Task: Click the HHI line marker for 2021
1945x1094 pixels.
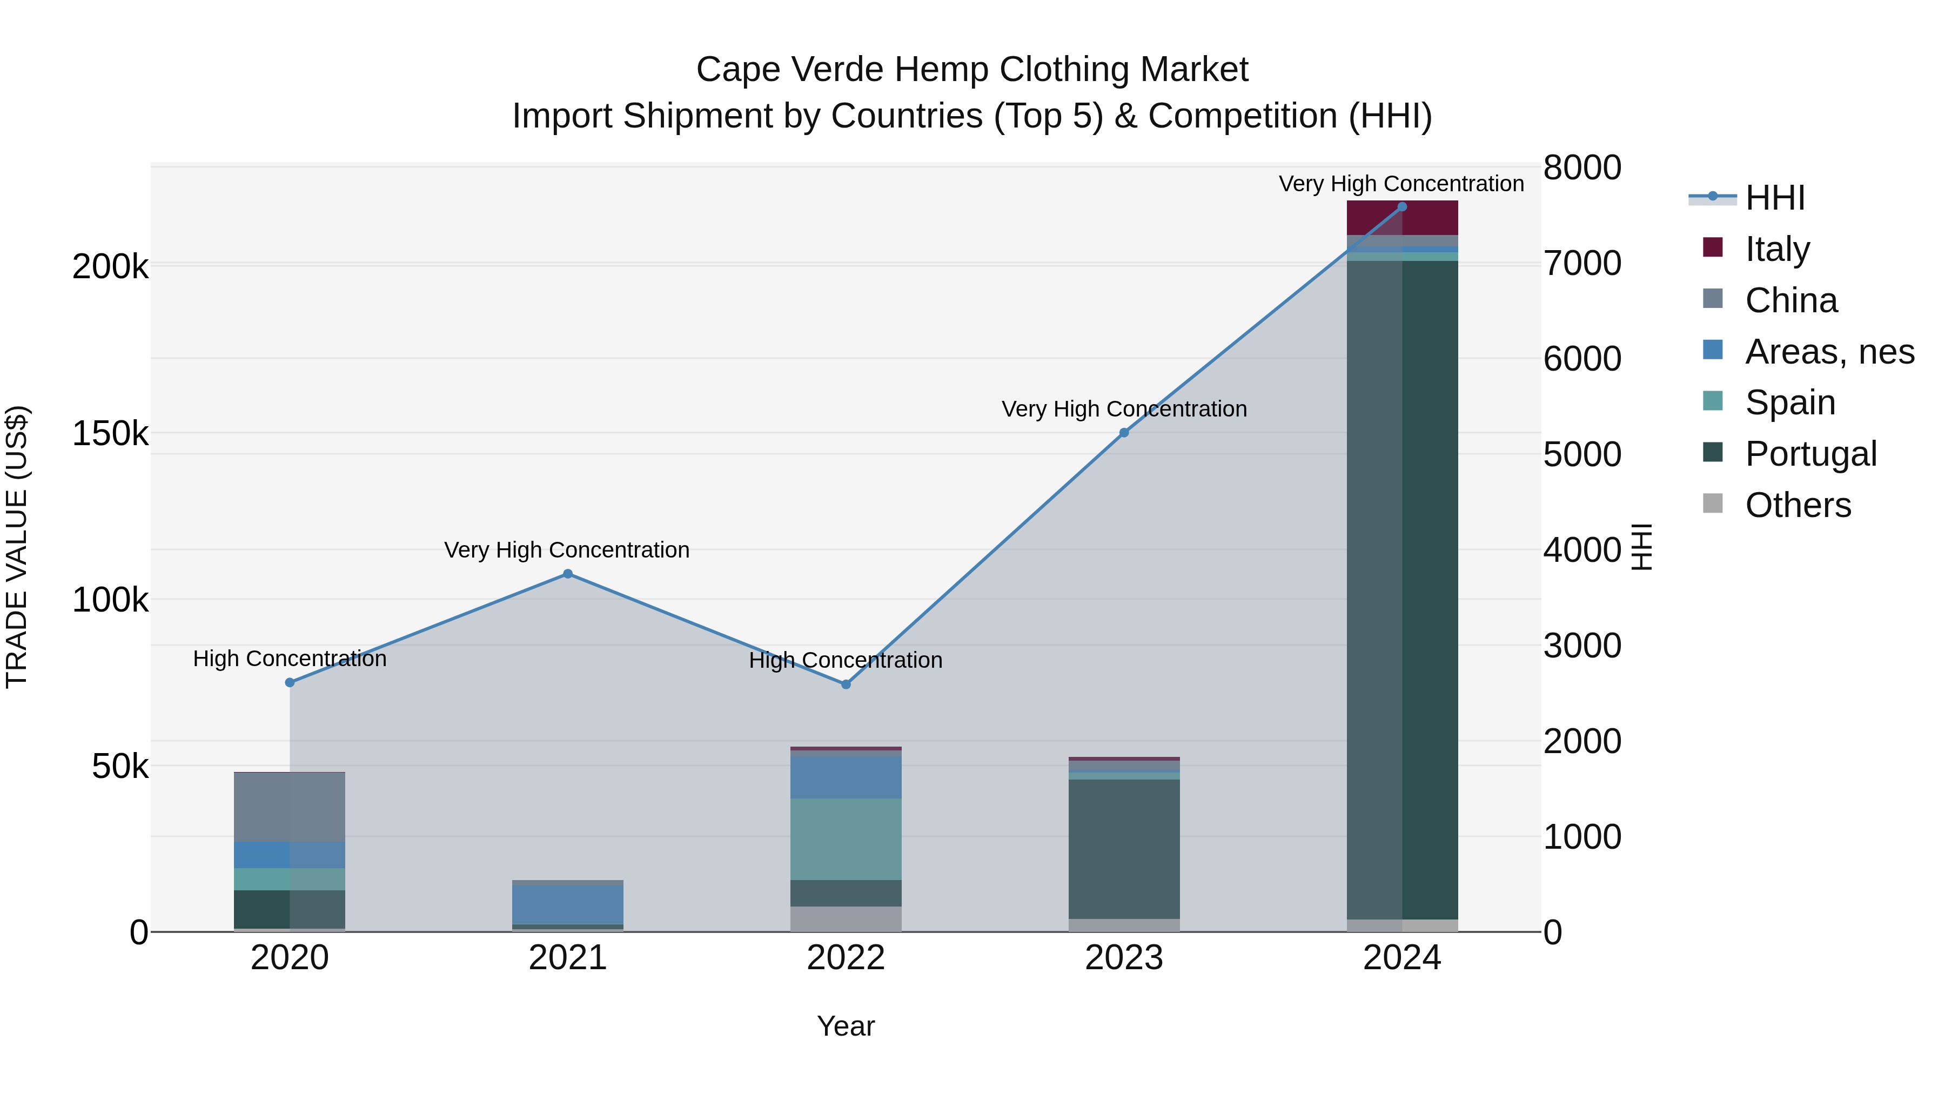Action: [x=568, y=574]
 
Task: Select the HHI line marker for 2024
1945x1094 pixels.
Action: [x=1402, y=207]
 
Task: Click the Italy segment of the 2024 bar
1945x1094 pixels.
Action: [x=1402, y=219]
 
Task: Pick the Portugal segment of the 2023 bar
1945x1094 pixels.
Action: [x=1124, y=849]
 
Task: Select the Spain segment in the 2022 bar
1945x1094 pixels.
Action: [x=846, y=839]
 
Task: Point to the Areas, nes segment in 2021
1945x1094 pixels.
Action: [x=568, y=904]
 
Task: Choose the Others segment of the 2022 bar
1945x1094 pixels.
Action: [x=846, y=919]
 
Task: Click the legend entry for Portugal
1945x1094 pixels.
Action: [x=1810, y=454]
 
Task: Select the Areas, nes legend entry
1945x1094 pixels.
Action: [x=1829, y=352]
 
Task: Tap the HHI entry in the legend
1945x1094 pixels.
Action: [x=1774, y=198]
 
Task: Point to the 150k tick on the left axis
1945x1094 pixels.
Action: [x=110, y=434]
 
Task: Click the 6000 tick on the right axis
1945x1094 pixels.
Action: [x=1582, y=359]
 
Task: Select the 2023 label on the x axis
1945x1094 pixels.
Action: [x=1124, y=958]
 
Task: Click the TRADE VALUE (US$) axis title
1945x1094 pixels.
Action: [x=17, y=547]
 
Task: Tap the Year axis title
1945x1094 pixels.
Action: [x=846, y=1026]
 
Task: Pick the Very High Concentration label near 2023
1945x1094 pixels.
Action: [x=1124, y=409]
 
